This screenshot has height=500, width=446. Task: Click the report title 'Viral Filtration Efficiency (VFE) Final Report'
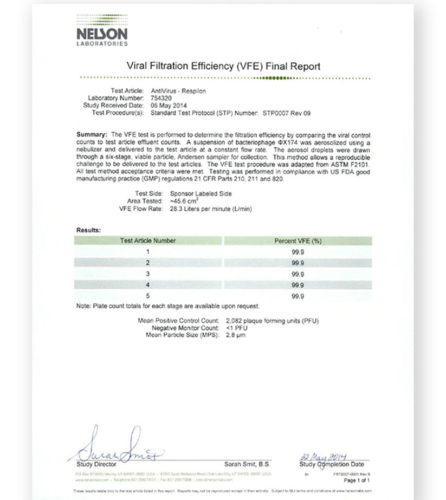(x=223, y=67)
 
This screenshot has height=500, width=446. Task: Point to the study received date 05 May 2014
(x=167, y=106)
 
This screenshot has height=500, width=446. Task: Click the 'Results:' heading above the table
(x=88, y=230)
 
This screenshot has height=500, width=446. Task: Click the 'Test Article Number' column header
(x=147, y=241)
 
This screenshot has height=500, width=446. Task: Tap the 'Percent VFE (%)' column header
(x=298, y=241)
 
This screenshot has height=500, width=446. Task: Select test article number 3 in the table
(x=147, y=274)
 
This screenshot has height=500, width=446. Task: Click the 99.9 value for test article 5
(x=298, y=296)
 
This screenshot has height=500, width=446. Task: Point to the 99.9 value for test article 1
(x=298, y=252)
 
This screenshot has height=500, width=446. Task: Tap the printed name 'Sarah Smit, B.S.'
(x=247, y=464)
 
